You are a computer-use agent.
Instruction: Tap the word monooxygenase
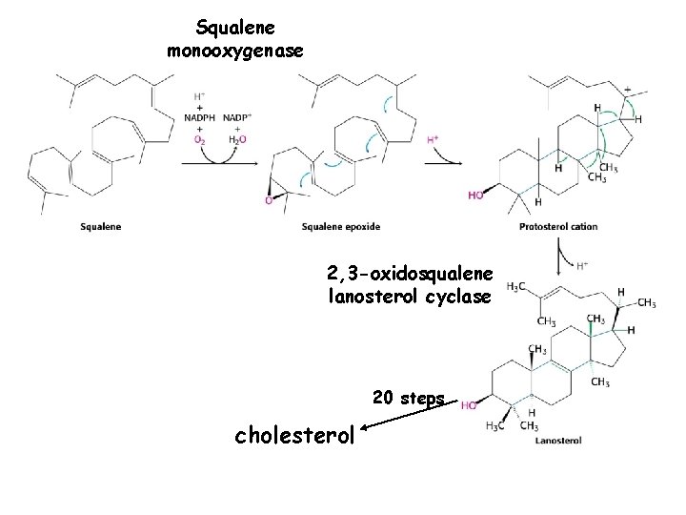(x=235, y=50)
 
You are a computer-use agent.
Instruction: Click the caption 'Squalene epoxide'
(x=340, y=226)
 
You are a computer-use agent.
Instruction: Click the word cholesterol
(x=293, y=436)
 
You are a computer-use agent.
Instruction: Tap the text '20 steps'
(x=409, y=398)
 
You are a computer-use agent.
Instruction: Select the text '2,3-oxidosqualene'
(x=409, y=276)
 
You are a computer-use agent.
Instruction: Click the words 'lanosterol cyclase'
(x=409, y=297)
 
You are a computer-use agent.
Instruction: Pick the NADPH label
(x=199, y=118)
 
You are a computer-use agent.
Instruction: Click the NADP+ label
(x=238, y=118)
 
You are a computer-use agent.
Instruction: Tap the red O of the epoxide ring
(x=269, y=201)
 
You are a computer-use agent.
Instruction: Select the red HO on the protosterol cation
(x=475, y=195)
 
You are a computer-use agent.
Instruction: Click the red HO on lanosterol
(x=470, y=404)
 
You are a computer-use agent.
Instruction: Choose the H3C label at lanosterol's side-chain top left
(x=515, y=286)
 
